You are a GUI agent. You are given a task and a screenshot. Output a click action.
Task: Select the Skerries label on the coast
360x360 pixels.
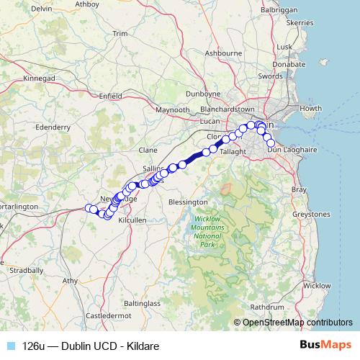point(300,23)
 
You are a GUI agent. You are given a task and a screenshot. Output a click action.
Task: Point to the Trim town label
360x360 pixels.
point(120,34)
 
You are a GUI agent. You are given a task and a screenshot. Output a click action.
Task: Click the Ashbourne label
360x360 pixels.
point(223,53)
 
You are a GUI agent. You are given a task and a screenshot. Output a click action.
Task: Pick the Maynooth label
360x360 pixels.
point(173,110)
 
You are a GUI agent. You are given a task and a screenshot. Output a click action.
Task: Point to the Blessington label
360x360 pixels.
point(187,202)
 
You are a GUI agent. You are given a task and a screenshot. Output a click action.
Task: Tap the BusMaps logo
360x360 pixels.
point(325,346)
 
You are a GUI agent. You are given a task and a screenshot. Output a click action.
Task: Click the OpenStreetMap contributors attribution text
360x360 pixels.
point(297,323)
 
